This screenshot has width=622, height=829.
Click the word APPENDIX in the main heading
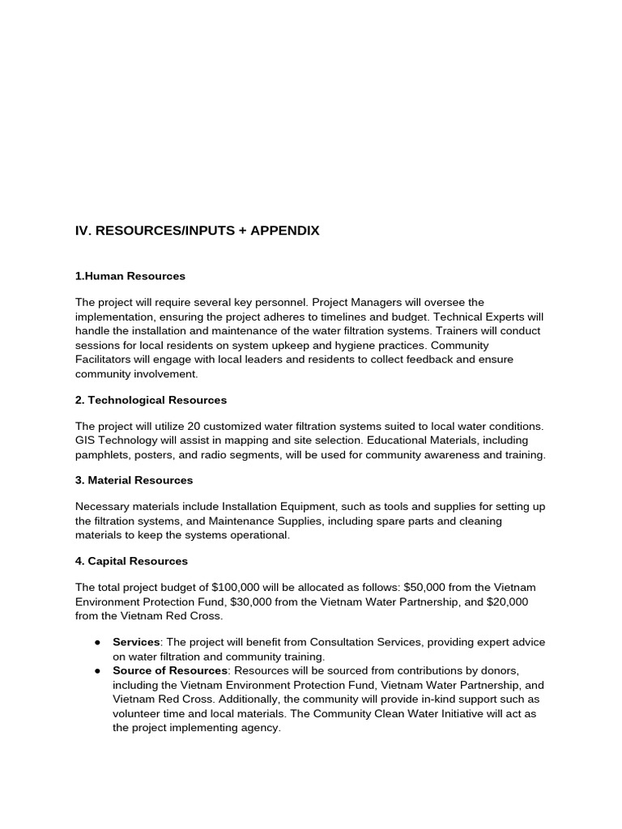285,231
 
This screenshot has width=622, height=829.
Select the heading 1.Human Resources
130,276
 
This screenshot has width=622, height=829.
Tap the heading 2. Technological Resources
151,400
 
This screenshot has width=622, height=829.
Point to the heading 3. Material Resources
134,480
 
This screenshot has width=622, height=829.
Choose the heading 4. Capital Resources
131,560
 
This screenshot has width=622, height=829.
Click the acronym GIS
86,440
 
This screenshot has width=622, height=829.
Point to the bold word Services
134,642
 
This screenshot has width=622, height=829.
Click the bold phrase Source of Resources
170,670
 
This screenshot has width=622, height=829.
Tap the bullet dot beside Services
97,642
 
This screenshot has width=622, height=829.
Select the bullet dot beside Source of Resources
97,670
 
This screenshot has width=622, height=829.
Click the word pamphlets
100,455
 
